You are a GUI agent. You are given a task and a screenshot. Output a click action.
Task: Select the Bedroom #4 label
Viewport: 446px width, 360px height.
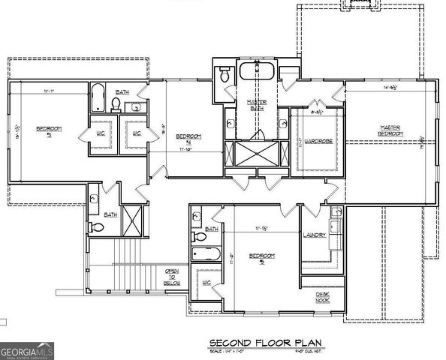[x=188, y=137]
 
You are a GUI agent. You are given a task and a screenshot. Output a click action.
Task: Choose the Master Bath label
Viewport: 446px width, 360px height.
[x=258, y=105]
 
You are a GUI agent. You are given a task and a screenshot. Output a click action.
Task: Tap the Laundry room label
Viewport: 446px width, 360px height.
[x=314, y=235]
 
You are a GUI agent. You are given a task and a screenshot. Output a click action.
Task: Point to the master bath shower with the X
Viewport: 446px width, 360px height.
[x=258, y=154]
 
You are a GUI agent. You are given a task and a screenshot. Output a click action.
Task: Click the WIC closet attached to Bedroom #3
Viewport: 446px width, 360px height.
[x=102, y=135]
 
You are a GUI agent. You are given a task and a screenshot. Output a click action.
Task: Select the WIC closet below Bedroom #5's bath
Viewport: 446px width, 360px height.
[x=207, y=283]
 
